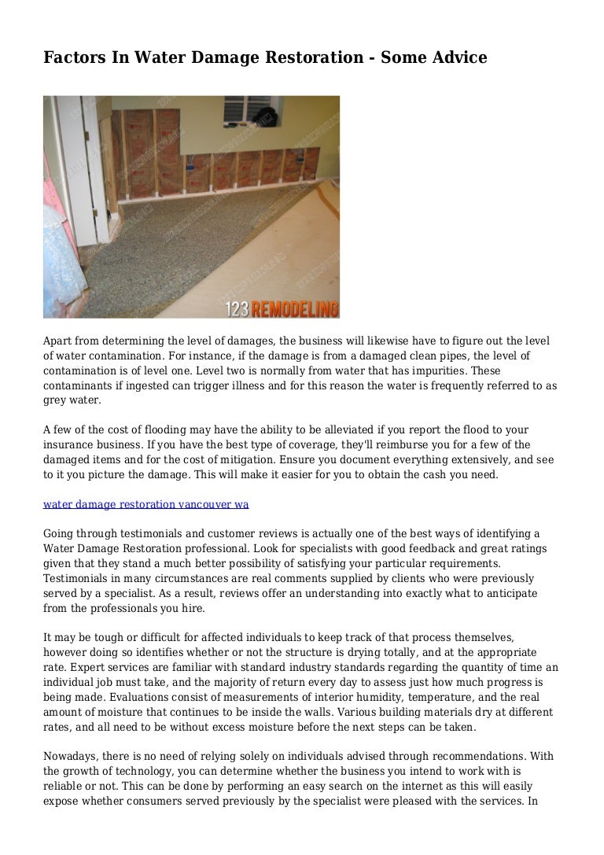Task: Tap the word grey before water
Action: click(56, 400)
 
